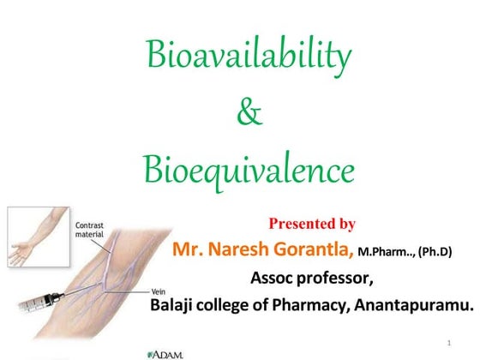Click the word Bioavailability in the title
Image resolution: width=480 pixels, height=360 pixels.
(249, 57)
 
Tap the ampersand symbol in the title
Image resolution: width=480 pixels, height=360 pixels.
(249, 114)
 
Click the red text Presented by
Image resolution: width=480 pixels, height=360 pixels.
(312, 224)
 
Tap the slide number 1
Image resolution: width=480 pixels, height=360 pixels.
(448, 344)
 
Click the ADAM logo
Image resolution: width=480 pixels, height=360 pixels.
(165, 351)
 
